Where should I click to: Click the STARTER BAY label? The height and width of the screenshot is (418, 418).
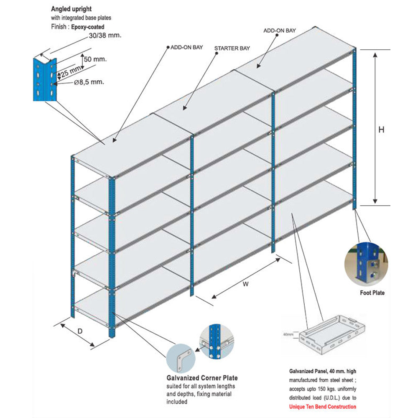(x=232, y=48)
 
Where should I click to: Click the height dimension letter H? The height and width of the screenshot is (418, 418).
(x=381, y=130)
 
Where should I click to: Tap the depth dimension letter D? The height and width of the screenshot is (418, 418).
(x=80, y=331)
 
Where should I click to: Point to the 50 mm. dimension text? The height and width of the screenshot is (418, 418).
(x=95, y=59)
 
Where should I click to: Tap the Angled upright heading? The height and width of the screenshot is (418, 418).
(x=71, y=8)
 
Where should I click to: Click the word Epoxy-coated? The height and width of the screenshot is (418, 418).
(x=87, y=27)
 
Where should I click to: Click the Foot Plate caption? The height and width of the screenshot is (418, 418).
(x=372, y=293)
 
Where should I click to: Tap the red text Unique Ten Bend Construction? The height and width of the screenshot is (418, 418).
(x=323, y=407)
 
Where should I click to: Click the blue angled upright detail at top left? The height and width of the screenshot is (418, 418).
(x=44, y=79)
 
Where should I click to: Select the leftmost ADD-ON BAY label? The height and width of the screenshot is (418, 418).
(x=186, y=47)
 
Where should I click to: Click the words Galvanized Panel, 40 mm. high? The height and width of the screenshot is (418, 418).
(x=323, y=371)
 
